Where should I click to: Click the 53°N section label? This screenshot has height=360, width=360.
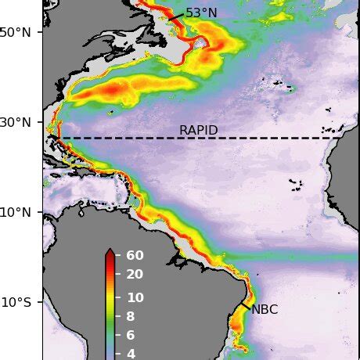(201, 13)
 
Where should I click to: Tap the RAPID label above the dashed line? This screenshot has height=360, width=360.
(198, 130)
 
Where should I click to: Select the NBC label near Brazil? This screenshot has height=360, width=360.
(265, 310)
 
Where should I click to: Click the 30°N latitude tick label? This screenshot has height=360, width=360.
(18, 122)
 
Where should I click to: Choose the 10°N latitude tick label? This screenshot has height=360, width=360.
(18, 212)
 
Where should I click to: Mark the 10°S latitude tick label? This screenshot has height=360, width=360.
(18, 302)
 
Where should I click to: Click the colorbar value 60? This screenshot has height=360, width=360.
(135, 255)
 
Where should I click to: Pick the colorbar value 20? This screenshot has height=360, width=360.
(135, 274)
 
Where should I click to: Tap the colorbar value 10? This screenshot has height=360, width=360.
(135, 297)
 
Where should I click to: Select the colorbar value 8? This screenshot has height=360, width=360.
(130, 317)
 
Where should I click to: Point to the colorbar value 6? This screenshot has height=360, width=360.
(130, 335)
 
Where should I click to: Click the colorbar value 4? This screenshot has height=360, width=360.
(130, 354)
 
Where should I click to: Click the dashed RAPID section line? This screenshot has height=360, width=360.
(235, 139)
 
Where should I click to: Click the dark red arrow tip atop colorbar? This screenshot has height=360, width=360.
(110, 252)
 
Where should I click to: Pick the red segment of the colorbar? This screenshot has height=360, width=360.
(110, 270)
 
